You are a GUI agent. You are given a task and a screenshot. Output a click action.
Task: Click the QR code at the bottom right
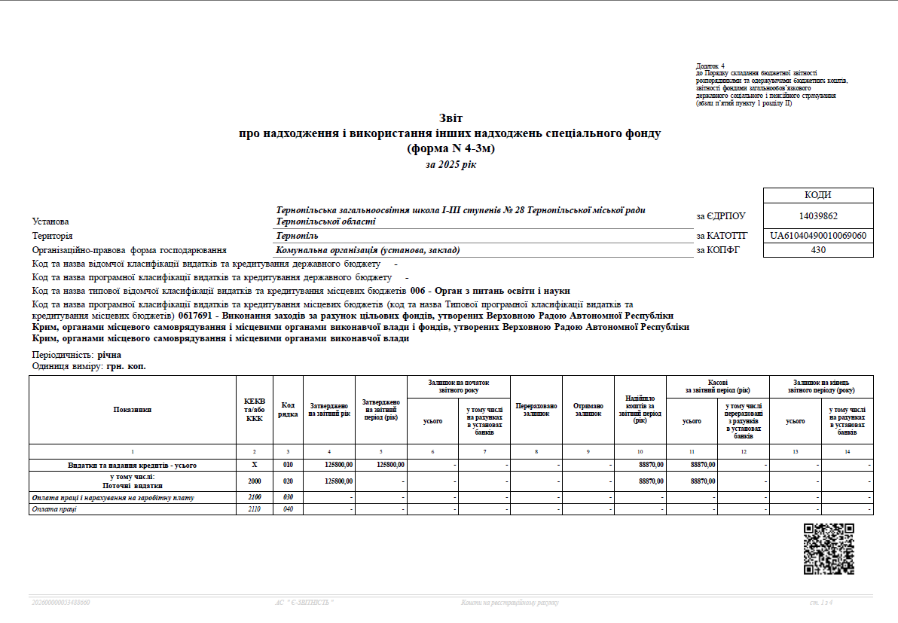click(x=829, y=549)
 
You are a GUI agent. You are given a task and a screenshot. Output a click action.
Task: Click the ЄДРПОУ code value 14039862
click(x=818, y=215)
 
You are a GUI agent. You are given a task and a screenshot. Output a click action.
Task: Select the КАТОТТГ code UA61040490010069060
click(x=818, y=236)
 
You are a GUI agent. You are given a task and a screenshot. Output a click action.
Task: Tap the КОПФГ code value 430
click(x=818, y=250)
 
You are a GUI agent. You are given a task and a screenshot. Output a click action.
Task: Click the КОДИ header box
click(x=818, y=195)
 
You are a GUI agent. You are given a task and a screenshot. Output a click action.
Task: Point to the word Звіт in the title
click(x=451, y=118)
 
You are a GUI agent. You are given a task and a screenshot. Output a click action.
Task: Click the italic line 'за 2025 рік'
click(x=451, y=164)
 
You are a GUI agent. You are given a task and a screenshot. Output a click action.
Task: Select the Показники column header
click(x=133, y=410)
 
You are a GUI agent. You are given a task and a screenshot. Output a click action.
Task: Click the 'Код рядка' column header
click(x=288, y=410)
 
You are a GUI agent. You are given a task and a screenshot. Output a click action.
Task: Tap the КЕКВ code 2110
click(x=255, y=509)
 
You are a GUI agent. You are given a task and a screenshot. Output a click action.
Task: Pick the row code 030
click(x=288, y=498)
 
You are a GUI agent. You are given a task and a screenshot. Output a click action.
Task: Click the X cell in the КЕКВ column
click(x=255, y=465)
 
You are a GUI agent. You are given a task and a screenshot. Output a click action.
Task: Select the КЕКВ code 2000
click(x=255, y=481)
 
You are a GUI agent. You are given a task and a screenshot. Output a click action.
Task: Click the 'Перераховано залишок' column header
click(x=536, y=410)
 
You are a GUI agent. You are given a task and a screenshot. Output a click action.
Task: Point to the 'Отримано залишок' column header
click(x=588, y=410)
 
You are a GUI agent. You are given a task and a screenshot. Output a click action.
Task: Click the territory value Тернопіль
click(x=297, y=236)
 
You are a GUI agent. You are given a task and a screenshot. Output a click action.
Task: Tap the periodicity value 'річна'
click(x=109, y=354)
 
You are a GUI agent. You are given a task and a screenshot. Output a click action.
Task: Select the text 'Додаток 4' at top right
click(x=710, y=66)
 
